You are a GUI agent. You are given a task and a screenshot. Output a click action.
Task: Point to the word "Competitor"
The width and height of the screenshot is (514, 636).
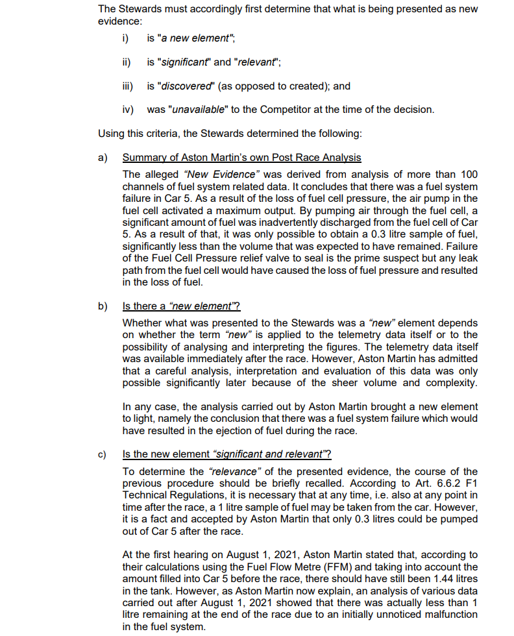click(x=301, y=109)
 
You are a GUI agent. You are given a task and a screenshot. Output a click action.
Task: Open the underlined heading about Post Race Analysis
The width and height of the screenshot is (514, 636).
click(x=241, y=158)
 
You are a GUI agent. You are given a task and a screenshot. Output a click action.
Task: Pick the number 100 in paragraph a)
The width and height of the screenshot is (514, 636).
click(x=469, y=175)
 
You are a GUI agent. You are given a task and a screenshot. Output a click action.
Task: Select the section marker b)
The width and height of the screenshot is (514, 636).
click(x=103, y=306)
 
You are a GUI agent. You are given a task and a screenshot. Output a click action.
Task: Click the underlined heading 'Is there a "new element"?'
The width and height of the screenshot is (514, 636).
click(x=182, y=306)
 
